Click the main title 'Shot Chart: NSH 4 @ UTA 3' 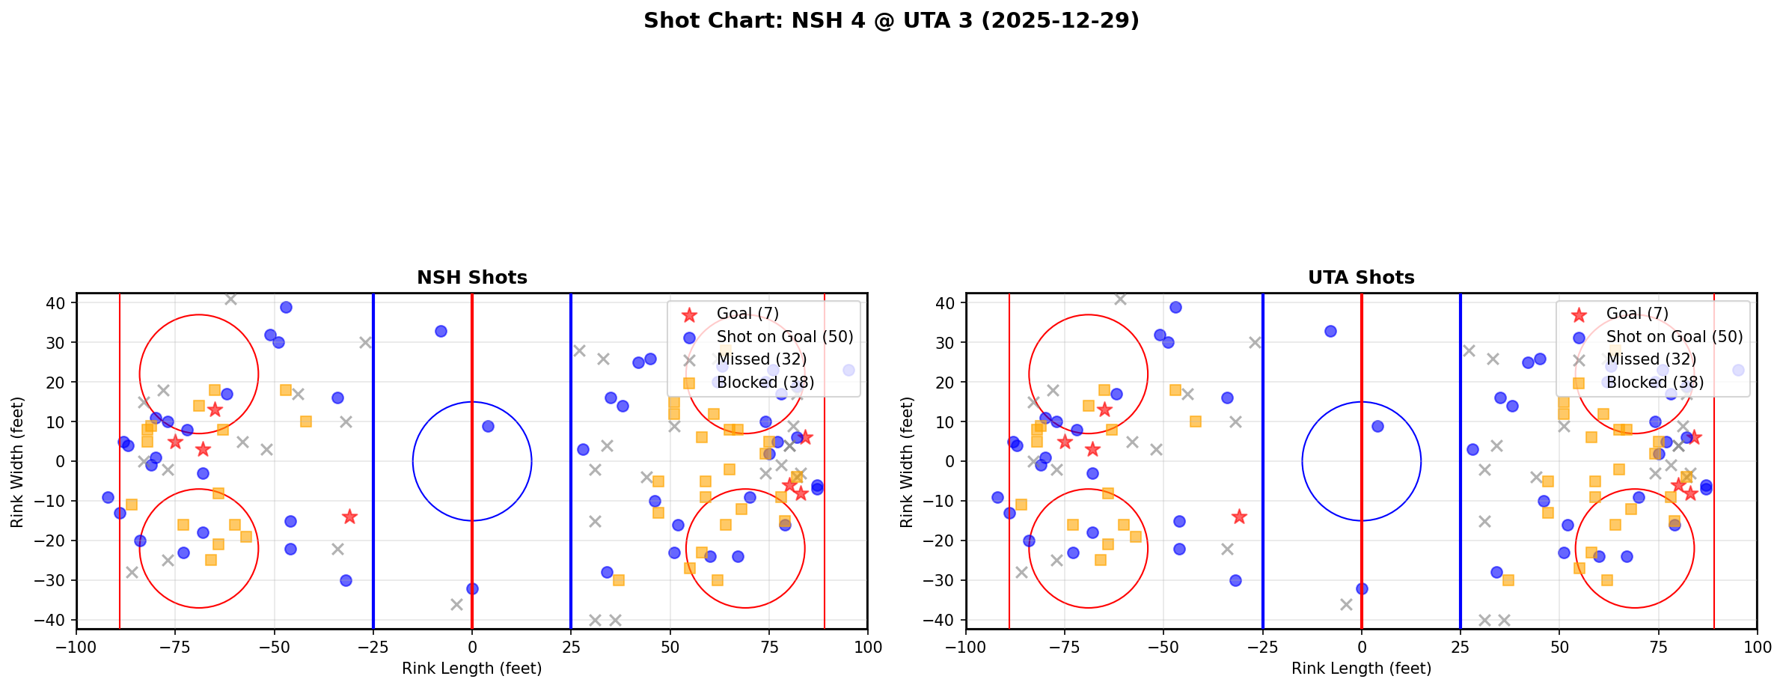click(x=891, y=21)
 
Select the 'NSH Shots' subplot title click(x=471, y=278)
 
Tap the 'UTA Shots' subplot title click(x=1361, y=278)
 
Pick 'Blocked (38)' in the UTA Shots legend click(x=1654, y=383)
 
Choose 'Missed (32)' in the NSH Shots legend click(x=761, y=359)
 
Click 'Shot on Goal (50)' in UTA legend click(x=1674, y=337)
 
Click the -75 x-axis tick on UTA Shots click(x=1065, y=647)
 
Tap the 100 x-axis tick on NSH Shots click(x=867, y=647)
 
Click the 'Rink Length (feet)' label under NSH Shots click(x=471, y=669)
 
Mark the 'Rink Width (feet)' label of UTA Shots click(x=907, y=462)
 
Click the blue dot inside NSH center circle click(x=488, y=426)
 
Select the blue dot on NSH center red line click(x=472, y=588)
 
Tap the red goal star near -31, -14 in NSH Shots click(x=349, y=517)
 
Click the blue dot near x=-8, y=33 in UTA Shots click(x=1330, y=331)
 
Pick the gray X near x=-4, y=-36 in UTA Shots click(x=1346, y=604)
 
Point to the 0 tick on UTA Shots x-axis click(x=1362, y=647)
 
